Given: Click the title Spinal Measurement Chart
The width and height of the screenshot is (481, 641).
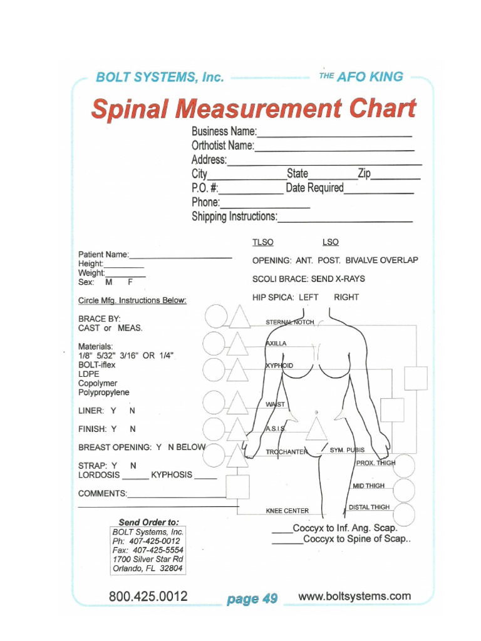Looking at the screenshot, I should [x=254, y=109].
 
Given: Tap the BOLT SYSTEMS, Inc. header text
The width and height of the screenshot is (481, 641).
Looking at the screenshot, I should [x=159, y=78].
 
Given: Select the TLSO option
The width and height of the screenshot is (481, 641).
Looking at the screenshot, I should [x=262, y=242].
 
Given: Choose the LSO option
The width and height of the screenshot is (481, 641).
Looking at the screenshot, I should [x=330, y=242].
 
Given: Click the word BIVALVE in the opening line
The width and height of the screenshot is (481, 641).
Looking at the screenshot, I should [x=366, y=260].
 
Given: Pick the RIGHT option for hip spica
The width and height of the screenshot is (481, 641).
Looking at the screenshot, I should [x=346, y=297].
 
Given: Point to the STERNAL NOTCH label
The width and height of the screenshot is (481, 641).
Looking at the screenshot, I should [x=290, y=322].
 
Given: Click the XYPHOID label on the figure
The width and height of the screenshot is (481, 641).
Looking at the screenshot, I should [x=279, y=365].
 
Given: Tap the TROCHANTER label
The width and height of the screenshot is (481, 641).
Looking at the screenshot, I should [x=286, y=452].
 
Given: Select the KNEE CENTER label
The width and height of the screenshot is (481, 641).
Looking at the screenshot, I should [x=287, y=511].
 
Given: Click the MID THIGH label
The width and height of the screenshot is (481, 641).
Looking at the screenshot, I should [x=368, y=486].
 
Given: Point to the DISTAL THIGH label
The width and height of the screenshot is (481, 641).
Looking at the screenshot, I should [x=369, y=507].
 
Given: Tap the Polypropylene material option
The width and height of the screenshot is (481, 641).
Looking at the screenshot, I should [x=104, y=392].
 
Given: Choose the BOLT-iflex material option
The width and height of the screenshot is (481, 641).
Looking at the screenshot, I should [x=97, y=364].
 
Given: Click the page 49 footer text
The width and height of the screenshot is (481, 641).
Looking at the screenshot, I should [x=252, y=599].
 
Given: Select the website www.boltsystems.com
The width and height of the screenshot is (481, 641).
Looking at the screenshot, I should [x=354, y=596].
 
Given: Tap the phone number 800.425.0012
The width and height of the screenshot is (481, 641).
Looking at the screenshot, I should [x=148, y=597].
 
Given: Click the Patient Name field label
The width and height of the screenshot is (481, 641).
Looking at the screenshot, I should [x=103, y=255].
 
